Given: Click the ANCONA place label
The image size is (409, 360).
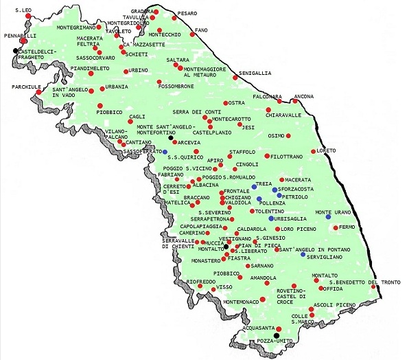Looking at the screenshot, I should tap(304, 95).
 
